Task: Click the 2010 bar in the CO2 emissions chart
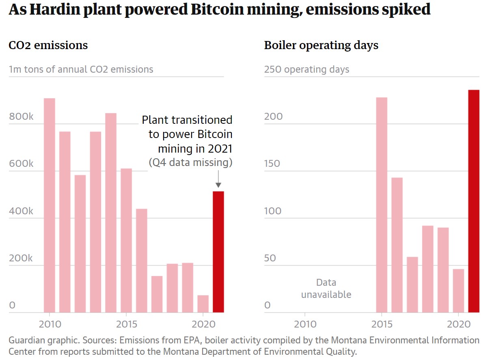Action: [x=49, y=205]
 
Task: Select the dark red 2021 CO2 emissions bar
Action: [x=218, y=252]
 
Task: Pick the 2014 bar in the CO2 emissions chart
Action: [x=111, y=213]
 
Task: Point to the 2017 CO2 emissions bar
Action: [x=157, y=294]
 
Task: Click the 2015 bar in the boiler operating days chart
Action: [x=381, y=205]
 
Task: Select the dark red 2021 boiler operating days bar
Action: [x=473, y=201]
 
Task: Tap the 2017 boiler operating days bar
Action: [x=412, y=285]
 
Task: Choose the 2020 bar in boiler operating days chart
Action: [x=458, y=291]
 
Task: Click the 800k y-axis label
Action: [x=21, y=117]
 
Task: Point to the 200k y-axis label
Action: [x=21, y=259]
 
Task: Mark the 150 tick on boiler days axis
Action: [x=272, y=164]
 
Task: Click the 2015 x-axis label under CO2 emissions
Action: [x=126, y=324]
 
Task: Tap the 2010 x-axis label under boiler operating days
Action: [x=305, y=324]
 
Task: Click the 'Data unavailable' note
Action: [x=326, y=288]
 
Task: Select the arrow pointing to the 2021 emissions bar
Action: [x=218, y=179]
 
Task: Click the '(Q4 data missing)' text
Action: [x=190, y=163]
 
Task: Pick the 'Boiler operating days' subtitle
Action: [x=321, y=45]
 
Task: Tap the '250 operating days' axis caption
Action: [x=307, y=69]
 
